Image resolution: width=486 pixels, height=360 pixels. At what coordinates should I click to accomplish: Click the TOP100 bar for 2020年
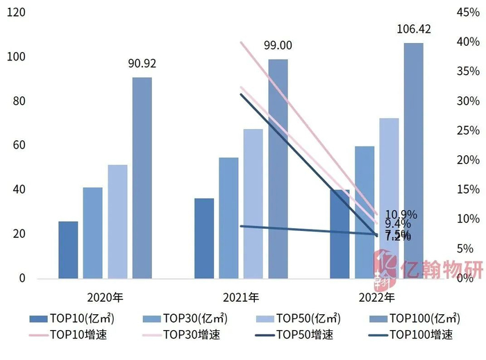point(142,178)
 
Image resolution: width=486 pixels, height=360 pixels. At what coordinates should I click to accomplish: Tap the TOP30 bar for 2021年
point(228,218)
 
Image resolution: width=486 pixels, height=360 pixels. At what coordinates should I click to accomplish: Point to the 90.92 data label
point(142,63)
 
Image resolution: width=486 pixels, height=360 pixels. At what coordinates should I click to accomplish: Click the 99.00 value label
point(278,46)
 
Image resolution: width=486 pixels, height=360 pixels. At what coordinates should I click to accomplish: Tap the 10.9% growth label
point(401,215)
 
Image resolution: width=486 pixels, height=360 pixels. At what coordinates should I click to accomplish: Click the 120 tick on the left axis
point(16,12)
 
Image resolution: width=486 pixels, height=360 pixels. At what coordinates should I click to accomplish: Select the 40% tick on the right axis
point(467,42)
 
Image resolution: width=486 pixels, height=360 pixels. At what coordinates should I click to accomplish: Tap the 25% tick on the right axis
point(467,130)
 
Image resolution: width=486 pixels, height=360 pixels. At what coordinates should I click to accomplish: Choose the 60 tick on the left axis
point(19,146)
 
